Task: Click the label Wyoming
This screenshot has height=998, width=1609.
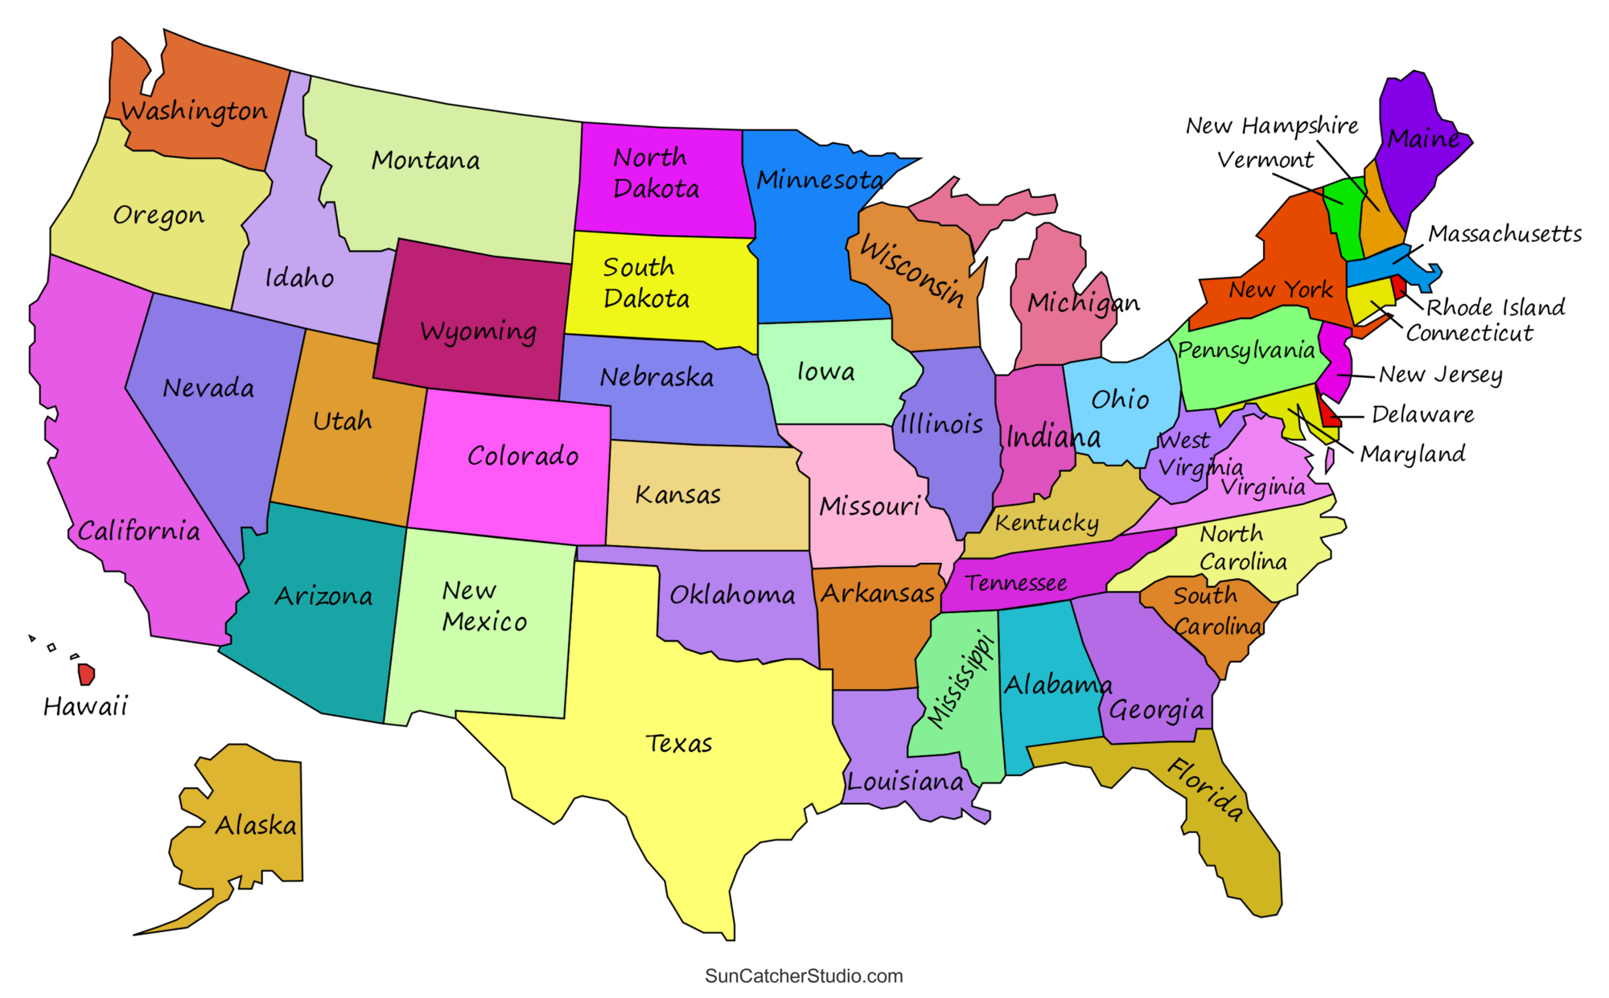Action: tap(478, 332)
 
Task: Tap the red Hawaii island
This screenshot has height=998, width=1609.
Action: tap(86, 674)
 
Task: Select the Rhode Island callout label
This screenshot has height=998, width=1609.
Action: tap(1496, 307)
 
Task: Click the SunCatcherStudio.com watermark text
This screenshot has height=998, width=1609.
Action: tap(804, 975)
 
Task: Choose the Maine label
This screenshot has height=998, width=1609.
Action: tap(1423, 139)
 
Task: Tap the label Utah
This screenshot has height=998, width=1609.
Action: tap(342, 421)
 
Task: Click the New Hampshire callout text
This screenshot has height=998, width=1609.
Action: tap(1272, 125)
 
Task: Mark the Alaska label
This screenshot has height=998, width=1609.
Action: tap(256, 825)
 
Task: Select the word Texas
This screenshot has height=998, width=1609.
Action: tap(678, 744)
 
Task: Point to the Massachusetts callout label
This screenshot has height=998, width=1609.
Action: tap(1504, 234)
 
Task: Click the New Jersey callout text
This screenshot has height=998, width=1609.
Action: tap(1440, 375)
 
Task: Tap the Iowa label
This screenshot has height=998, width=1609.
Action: tap(825, 372)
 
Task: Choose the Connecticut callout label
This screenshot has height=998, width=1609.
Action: tap(1469, 333)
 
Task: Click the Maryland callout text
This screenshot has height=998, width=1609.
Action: tap(1413, 454)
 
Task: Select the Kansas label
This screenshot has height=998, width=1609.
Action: tap(677, 495)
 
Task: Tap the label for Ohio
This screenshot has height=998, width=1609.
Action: tap(1120, 400)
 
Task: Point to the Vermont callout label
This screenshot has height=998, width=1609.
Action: tap(1265, 160)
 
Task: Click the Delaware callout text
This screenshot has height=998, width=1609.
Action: tap(1422, 415)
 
